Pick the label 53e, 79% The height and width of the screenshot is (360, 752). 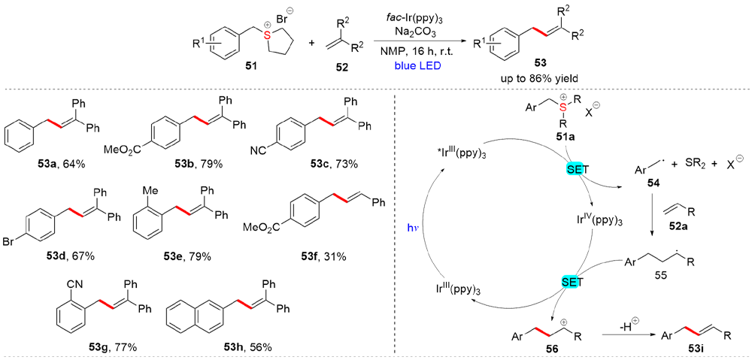(187, 256)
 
